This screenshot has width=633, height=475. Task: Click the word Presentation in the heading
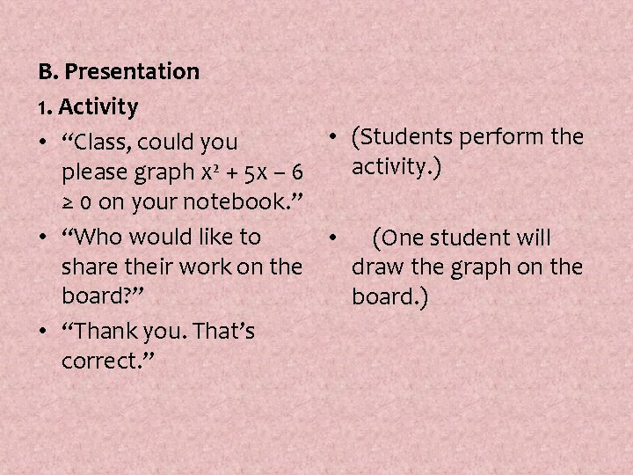tap(133, 71)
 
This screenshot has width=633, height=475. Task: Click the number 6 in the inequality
tap(298, 172)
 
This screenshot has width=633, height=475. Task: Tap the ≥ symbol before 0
tap(69, 203)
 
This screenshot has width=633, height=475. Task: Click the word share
tap(91, 267)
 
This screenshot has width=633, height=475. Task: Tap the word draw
tap(376, 267)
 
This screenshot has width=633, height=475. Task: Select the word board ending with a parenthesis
tap(384, 296)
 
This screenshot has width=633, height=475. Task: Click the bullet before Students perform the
tap(336, 138)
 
